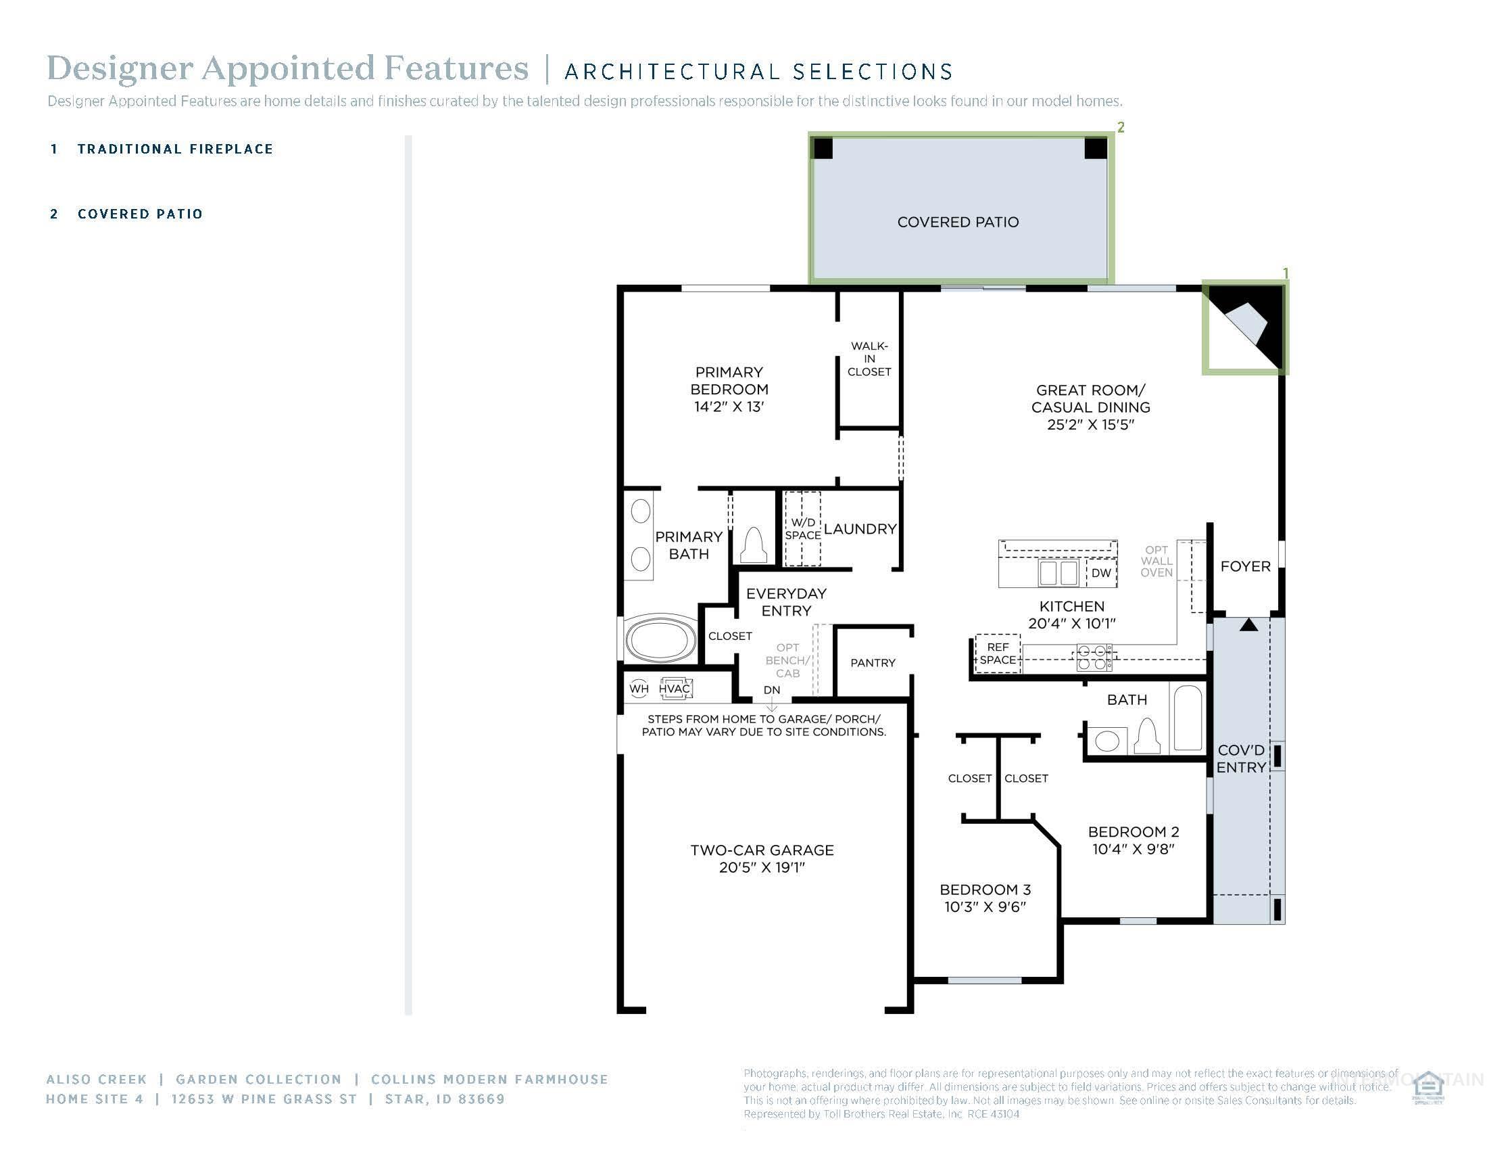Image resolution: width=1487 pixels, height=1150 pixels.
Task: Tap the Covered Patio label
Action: coord(957,222)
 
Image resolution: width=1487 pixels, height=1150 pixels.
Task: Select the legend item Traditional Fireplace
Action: coord(175,149)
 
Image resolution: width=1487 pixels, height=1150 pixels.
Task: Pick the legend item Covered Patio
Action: coord(140,214)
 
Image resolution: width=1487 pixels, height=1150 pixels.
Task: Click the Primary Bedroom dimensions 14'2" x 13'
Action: coord(729,407)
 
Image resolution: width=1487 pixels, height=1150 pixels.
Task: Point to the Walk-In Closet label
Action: coord(869,359)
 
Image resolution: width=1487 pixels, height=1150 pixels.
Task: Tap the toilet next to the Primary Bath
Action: coord(754,545)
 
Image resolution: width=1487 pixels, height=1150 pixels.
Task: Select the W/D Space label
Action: coord(803,529)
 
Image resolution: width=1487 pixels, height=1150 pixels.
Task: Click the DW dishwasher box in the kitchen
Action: coord(1101,573)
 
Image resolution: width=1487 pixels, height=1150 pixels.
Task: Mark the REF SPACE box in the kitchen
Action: coord(998,653)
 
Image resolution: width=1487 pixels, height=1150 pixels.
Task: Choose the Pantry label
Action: coord(872,662)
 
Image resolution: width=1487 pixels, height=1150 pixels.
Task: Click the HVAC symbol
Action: coord(675,688)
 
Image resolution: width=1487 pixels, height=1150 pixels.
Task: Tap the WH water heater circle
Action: coord(639,688)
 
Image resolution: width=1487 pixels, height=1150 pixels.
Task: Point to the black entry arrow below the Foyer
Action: coord(1248,625)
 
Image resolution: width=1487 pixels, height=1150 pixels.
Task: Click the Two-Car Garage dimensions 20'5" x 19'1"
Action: coord(762,867)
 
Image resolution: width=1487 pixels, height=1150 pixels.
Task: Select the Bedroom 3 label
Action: coord(985,889)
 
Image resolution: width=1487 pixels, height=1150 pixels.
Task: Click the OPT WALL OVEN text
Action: coord(1156,561)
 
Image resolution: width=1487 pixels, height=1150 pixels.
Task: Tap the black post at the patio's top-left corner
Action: coord(823,149)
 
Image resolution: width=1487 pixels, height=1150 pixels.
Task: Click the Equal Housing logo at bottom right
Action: coord(1428,1087)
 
